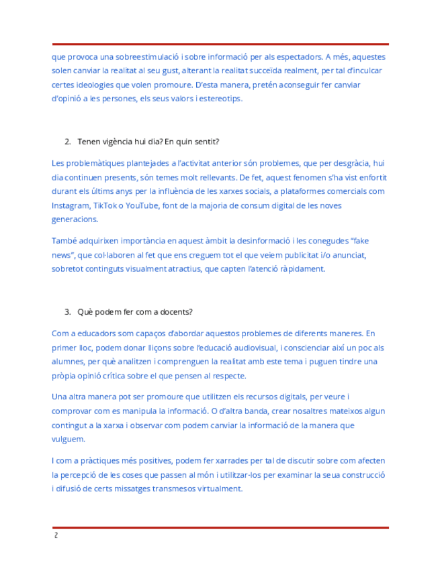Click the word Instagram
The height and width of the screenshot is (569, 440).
(71, 205)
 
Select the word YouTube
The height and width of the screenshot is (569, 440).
(143, 205)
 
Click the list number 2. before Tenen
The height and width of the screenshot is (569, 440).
(68, 142)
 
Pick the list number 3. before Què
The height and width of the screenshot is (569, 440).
(68, 312)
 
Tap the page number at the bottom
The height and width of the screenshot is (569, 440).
(56, 536)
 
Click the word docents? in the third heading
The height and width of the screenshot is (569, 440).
(175, 312)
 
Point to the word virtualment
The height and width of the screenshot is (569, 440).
(219, 489)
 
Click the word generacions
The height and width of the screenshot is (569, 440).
(75, 219)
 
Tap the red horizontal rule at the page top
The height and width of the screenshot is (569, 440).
(220, 44)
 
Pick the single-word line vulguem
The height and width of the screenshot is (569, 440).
(69, 439)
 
